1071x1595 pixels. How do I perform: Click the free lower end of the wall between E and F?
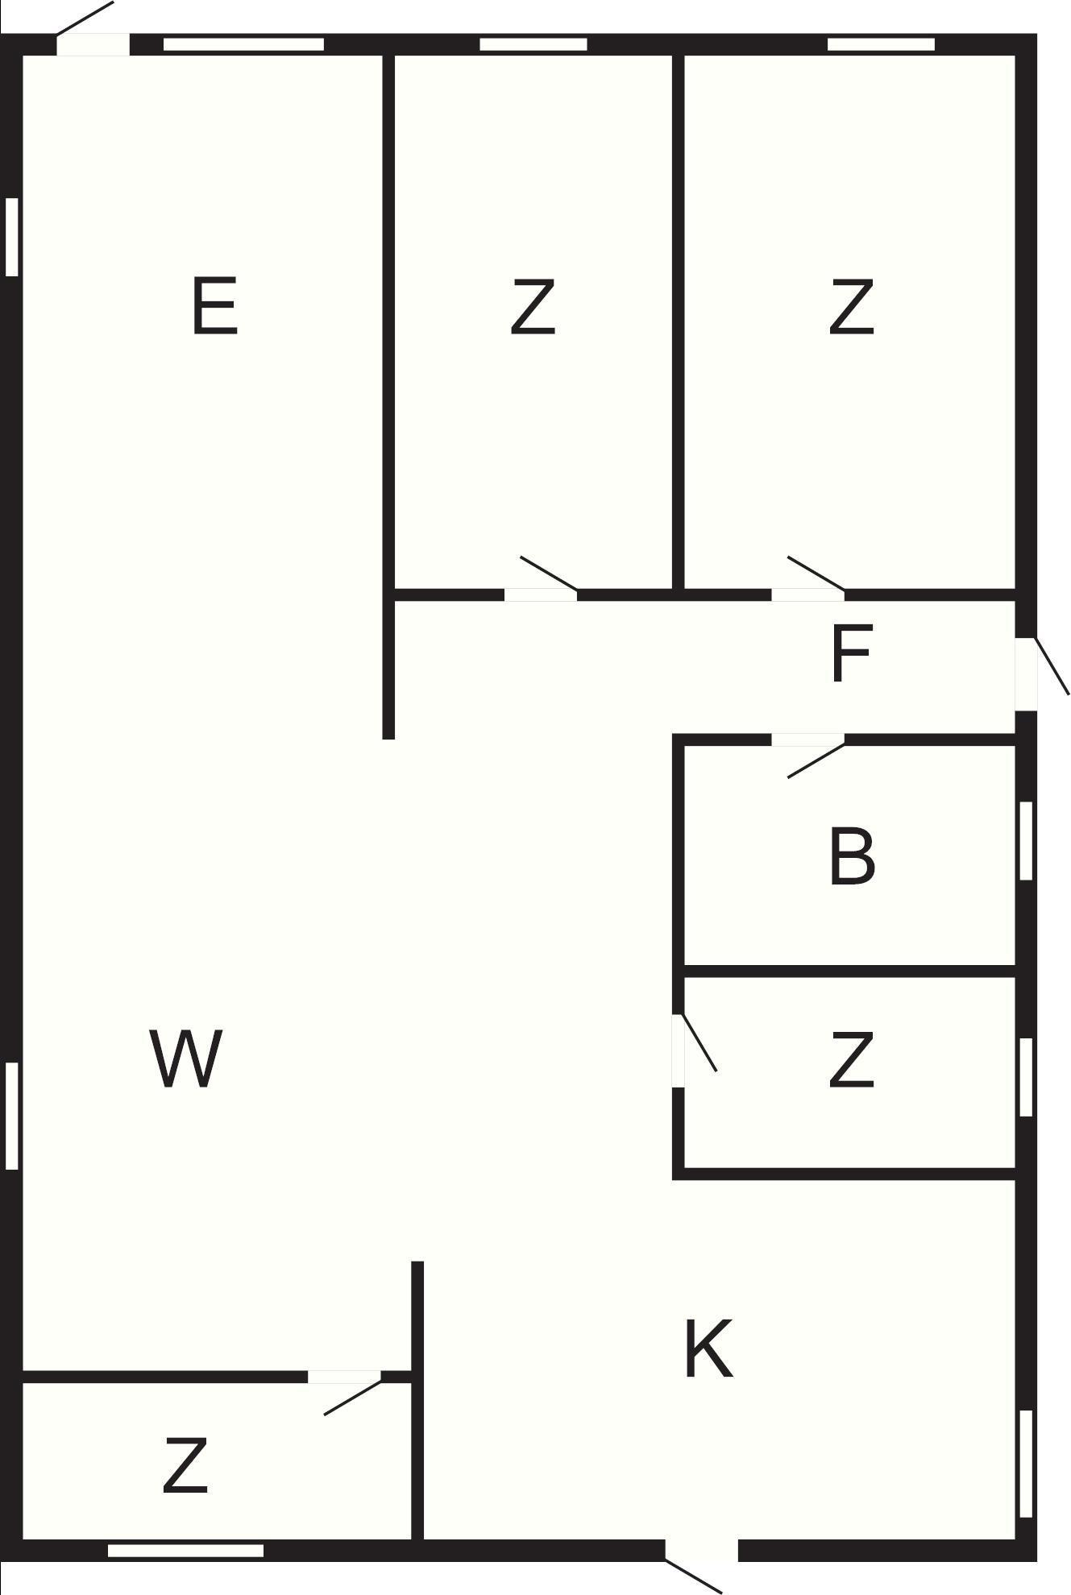[x=388, y=738]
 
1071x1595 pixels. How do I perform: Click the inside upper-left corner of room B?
[x=685, y=746]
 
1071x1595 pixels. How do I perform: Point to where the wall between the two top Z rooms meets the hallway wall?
[x=679, y=595]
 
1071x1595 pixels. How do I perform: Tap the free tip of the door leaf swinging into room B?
[x=788, y=777]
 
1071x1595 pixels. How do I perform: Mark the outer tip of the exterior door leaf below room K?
[x=721, y=1593]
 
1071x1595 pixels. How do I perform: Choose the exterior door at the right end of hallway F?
[x=1041, y=673]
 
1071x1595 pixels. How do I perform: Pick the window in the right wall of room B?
[x=1026, y=840]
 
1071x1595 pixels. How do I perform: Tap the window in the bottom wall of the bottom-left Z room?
[x=185, y=1551]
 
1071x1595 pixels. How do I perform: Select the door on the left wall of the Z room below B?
[x=694, y=1050]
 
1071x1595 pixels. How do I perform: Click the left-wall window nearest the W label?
[x=11, y=1116]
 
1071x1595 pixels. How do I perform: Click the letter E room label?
[x=215, y=305]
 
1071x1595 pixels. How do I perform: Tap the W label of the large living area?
[x=186, y=1059]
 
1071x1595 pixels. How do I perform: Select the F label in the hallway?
[x=851, y=653]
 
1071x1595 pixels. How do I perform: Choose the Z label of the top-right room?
[x=852, y=307]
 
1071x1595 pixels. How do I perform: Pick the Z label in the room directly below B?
[x=852, y=1061]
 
